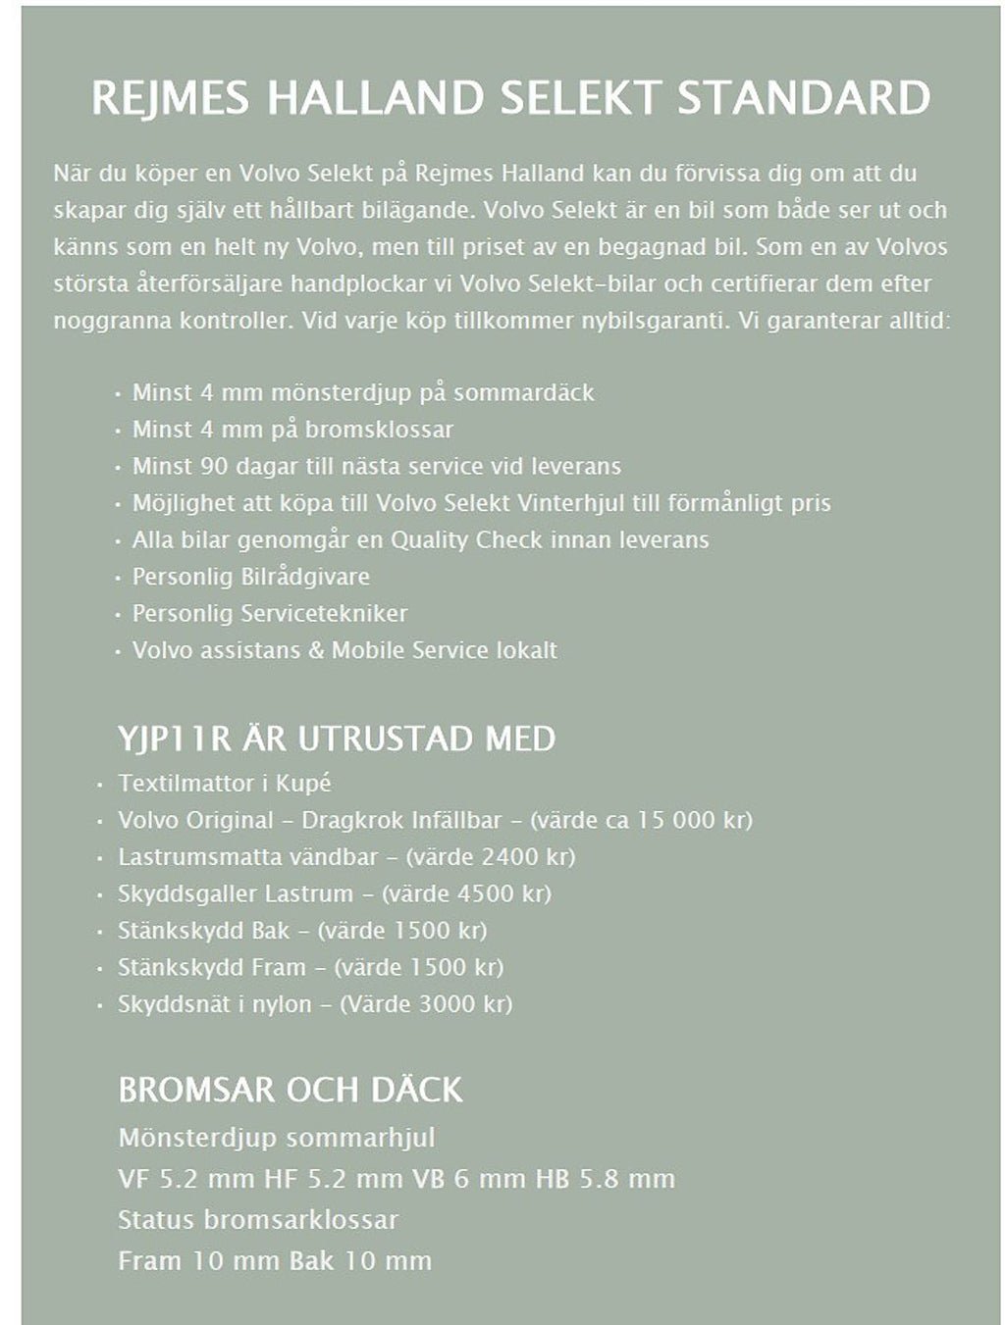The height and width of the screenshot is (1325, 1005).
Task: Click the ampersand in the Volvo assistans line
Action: (x=316, y=650)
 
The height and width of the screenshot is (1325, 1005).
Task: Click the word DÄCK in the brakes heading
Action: (x=415, y=1090)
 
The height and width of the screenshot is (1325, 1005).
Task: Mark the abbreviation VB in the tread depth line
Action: (x=428, y=1179)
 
